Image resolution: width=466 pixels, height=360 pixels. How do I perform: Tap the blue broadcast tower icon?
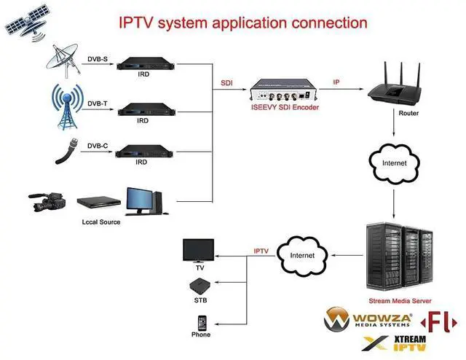pyautogui.click(x=70, y=106)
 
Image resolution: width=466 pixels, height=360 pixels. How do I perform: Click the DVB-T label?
pyautogui.click(x=97, y=103)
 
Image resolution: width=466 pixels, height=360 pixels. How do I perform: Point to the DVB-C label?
pyautogui.click(x=97, y=146)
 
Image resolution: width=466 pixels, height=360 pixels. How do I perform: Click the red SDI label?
pyautogui.click(x=227, y=83)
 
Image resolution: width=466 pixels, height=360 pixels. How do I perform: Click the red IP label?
pyautogui.click(x=336, y=83)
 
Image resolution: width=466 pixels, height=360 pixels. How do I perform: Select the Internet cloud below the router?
pyautogui.click(x=395, y=162)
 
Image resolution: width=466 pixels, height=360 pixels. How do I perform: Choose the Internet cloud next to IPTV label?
pyautogui.click(x=302, y=256)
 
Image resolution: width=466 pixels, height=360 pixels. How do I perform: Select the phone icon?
pyautogui.click(x=201, y=322)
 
